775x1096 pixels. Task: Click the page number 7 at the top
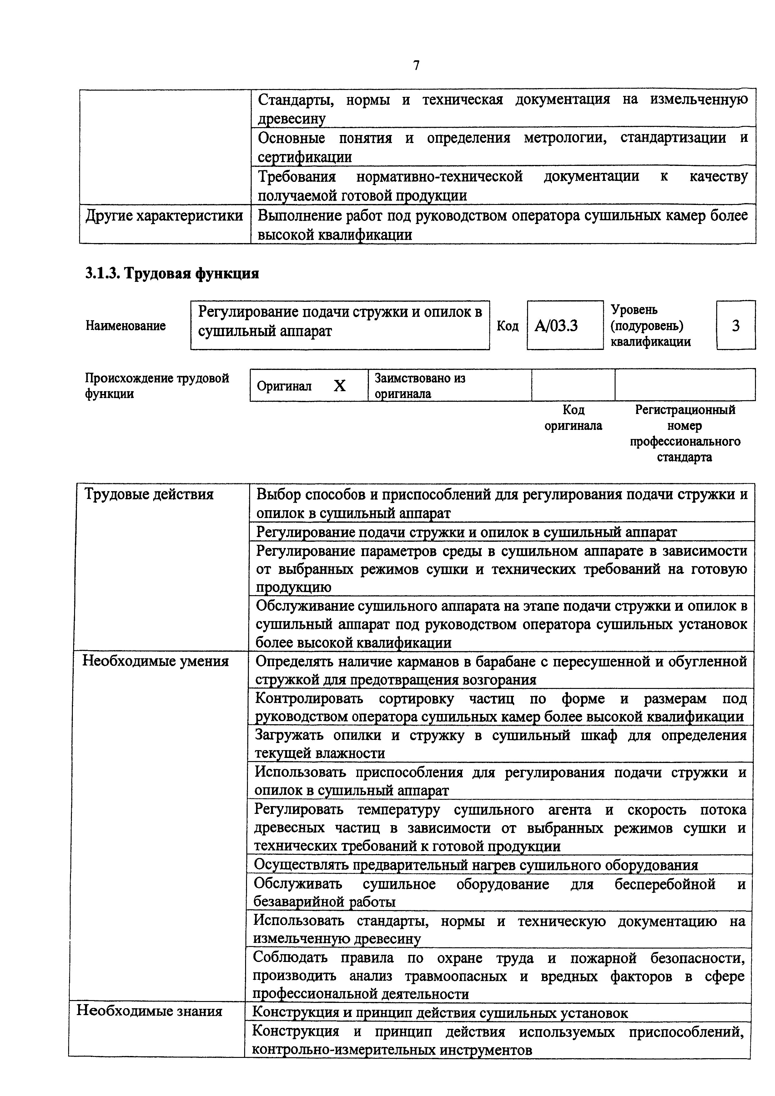[416, 65]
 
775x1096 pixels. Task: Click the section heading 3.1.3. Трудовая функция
[172, 273]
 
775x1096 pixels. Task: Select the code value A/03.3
[556, 326]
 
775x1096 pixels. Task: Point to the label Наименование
[126, 326]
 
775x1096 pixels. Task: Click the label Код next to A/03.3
[508, 326]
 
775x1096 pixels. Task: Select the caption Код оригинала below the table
[573, 418]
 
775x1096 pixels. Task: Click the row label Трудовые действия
[148, 494]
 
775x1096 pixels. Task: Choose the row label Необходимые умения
[156, 661]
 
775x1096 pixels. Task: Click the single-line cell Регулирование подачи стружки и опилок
[466, 532]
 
